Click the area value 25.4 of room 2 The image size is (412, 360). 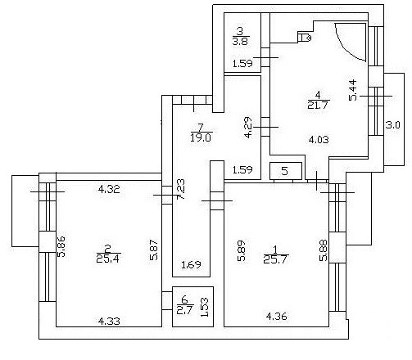(108, 258)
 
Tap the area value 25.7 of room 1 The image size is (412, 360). (276, 259)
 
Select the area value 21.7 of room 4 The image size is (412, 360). (318, 105)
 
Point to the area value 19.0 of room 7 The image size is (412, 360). (201, 137)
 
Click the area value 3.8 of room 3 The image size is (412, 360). (241, 42)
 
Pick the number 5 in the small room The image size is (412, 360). (285, 171)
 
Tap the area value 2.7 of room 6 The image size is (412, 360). (185, 310)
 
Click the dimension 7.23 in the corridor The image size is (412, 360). (180, 190)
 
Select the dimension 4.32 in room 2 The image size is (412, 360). (109, 189)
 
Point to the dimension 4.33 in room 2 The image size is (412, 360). (109, 322)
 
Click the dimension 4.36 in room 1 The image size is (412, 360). (277, 317)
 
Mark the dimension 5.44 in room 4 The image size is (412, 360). (353, 90)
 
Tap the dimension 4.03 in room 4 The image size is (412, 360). (319, 140)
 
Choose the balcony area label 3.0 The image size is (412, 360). (392, 125)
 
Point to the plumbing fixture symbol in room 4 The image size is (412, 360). (304, 37)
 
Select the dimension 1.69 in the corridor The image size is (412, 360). (191, 264)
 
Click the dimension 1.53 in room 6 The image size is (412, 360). (205, 307)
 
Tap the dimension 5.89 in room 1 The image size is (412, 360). (242, 250)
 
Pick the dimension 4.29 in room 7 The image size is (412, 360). (248, 128)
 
